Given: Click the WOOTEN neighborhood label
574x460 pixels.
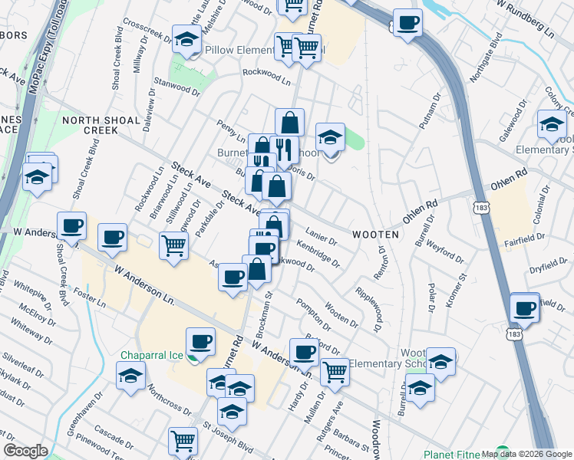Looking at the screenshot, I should tap(375, 234).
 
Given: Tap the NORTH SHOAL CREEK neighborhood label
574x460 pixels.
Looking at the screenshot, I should tap(101, 126).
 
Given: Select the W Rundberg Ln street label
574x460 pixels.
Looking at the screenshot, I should tap(525, 21).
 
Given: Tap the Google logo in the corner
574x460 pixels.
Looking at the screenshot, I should tap(25, 451).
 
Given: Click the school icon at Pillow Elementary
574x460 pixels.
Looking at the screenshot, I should tap(186, 41).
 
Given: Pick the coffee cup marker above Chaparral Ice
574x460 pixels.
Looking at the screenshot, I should tap(200, 341).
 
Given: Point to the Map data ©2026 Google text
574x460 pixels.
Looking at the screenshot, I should tap(526, 454).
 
